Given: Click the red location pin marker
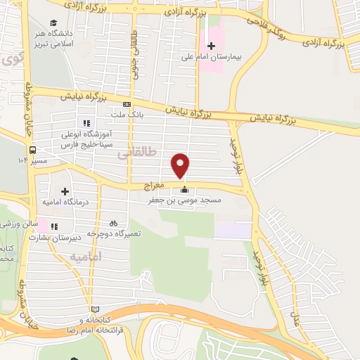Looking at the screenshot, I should point(181,166).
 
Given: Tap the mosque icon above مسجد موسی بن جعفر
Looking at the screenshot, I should point(185,189).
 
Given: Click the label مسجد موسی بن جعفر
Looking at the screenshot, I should point(184,200).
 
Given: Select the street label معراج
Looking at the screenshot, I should point(154,186).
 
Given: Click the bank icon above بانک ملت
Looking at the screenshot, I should point(127,104).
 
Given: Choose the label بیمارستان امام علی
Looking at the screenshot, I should point(211,58).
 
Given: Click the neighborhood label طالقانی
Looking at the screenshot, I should point(133,154).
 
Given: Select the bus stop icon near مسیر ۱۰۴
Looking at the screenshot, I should point(32,150).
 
